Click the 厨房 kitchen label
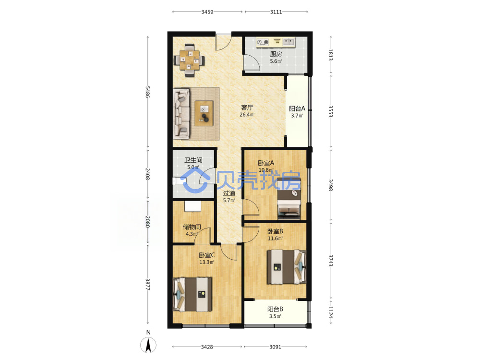click(276, 54)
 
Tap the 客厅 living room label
click(247, 108)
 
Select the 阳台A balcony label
click(297, 108)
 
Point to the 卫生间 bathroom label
click(193, 160)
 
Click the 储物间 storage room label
click(192, 227)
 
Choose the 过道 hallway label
click(229, 193)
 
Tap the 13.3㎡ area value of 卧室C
click(206, 263)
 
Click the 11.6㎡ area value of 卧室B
click(275, 239)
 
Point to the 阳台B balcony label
click(275, 309)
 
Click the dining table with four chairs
click(189, 60)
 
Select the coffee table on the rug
click(204, 113)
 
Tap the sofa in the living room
click(182, 114)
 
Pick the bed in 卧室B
click(287, 267)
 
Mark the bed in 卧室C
click(192, 294)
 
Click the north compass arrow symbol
click(148, 345)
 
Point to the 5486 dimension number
click(147, 92)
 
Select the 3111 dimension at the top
click(276, 12)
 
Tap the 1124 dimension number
click(331, 312)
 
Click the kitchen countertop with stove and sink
click(275, 42)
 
